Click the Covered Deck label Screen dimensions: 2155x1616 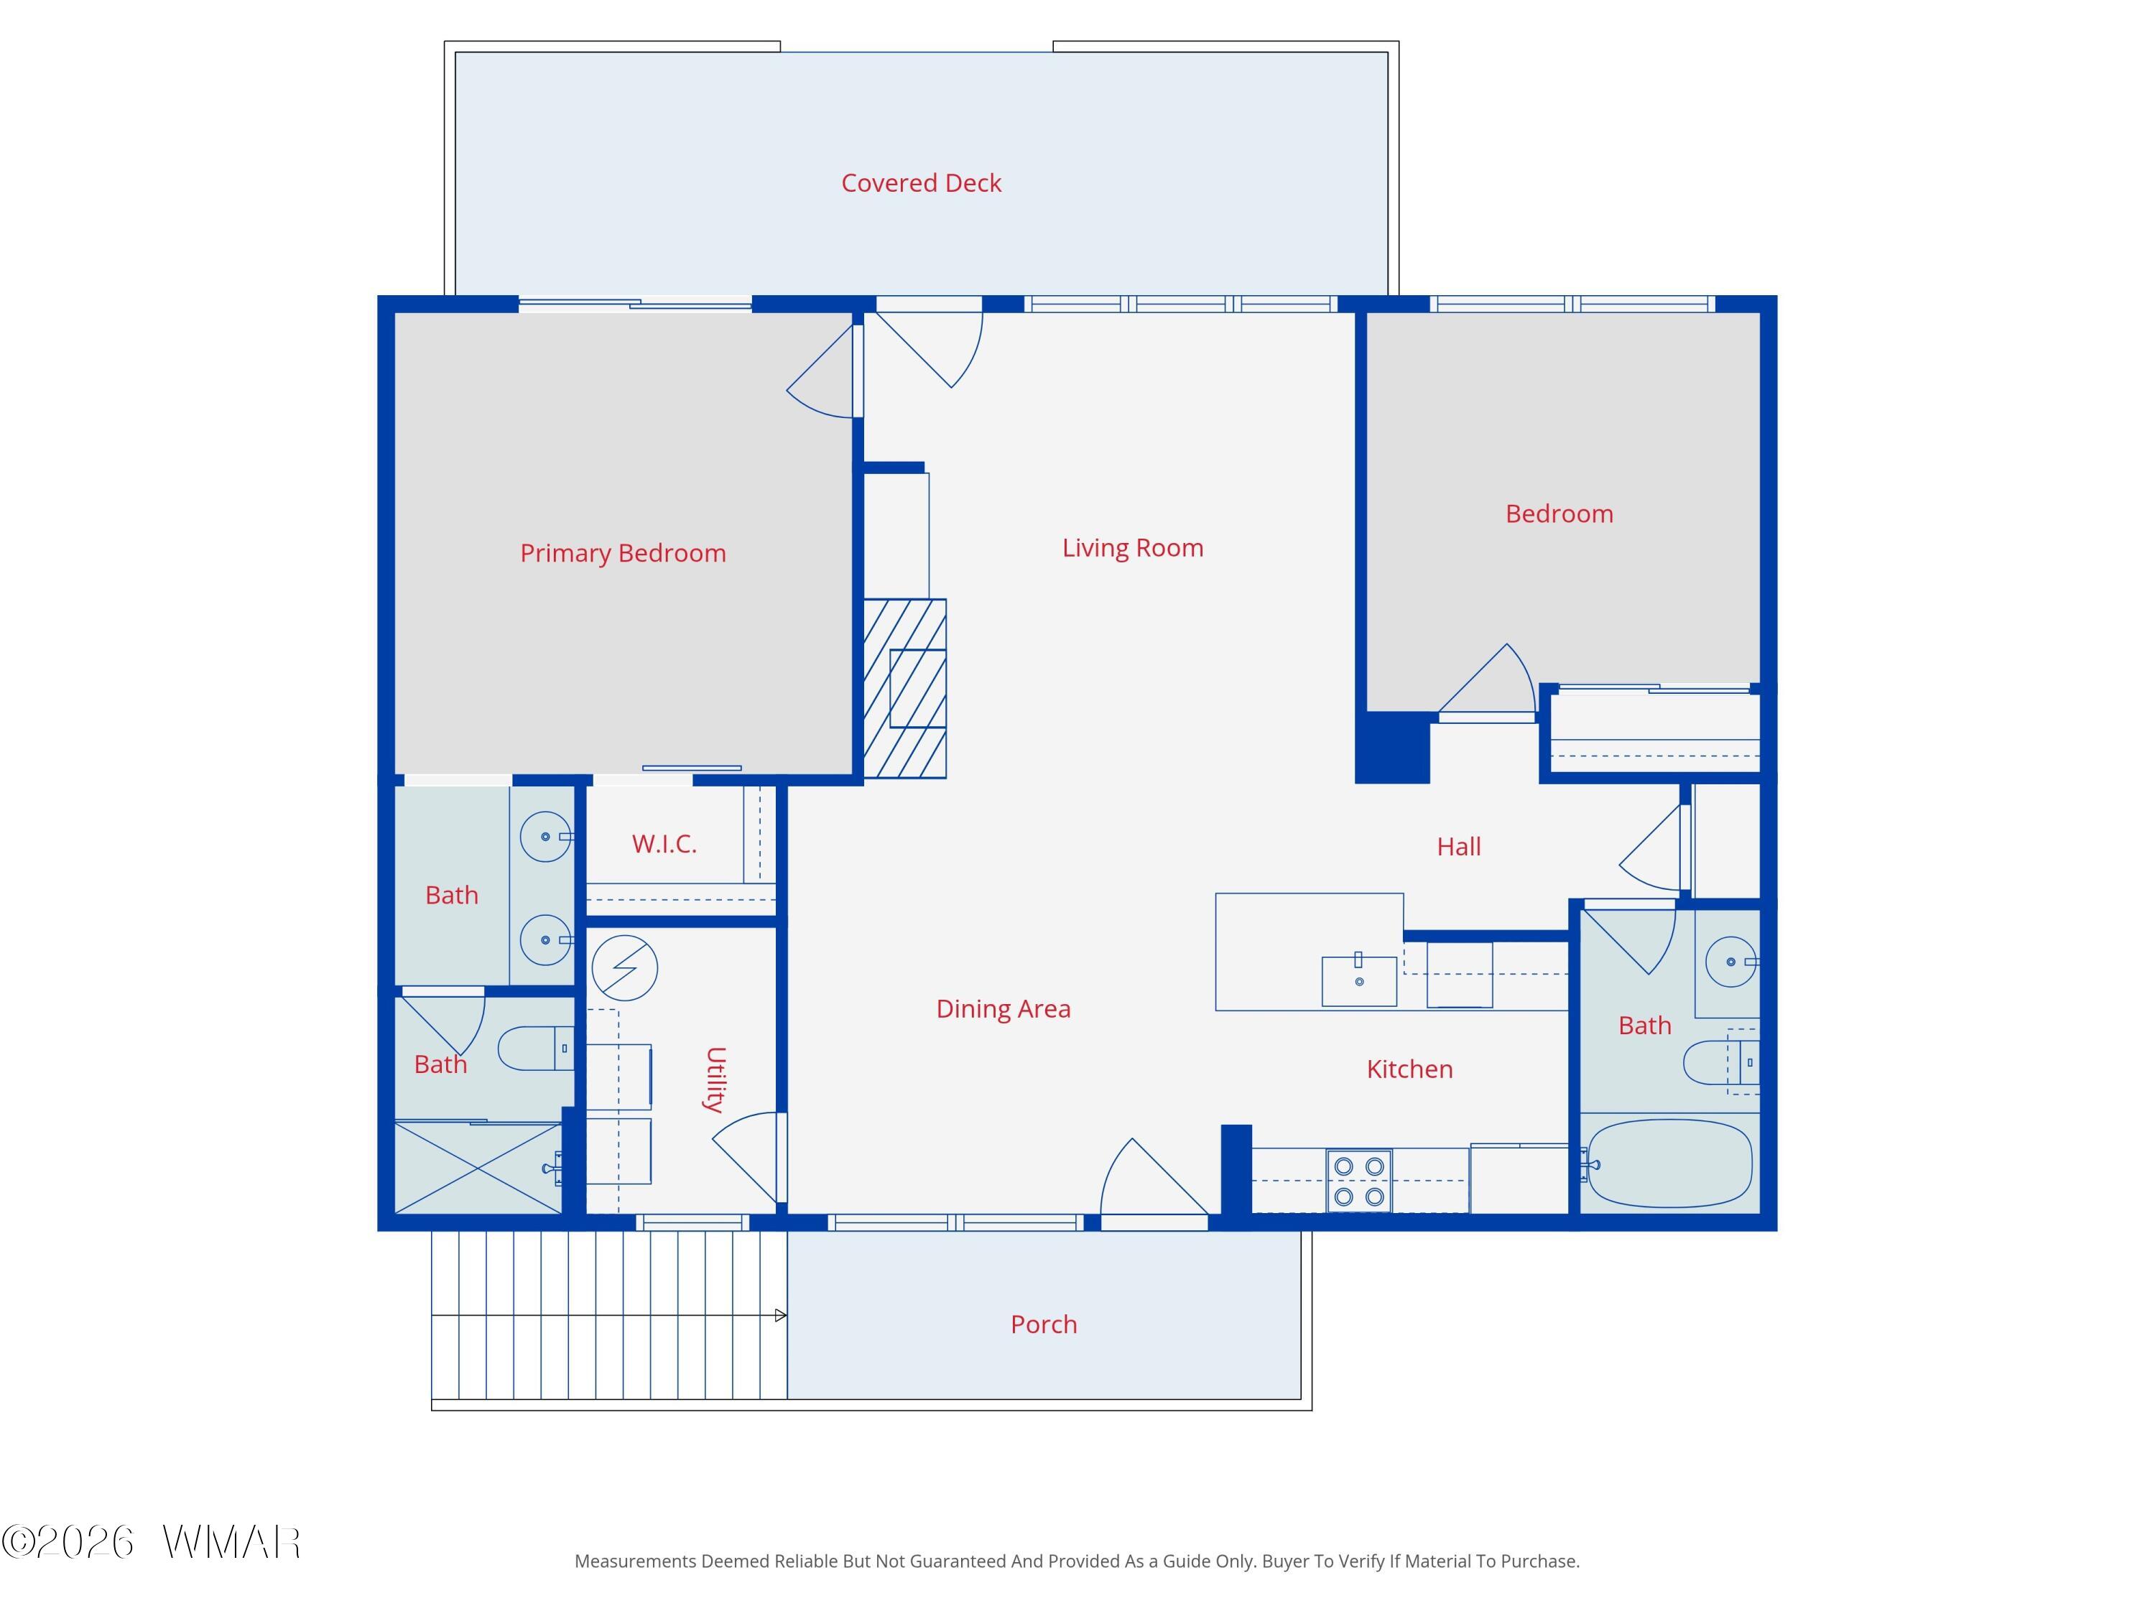point(921,183)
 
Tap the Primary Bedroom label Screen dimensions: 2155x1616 point(623,553)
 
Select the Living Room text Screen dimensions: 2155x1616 point(1132,549)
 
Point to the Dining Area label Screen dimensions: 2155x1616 point(1003,1009)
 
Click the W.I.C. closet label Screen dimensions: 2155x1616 point(664,845)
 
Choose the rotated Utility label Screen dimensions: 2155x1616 point(715,1079)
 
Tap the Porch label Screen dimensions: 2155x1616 point(1044,1324)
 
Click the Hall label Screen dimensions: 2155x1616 point(1458,847)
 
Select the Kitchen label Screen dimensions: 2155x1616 point(1409,1069)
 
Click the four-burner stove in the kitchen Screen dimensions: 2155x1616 point(1359,1181)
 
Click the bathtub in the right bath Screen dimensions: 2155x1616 point(1670,1163)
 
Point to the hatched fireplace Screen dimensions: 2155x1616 point(905,688)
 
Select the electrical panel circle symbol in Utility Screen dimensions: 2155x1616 point(624,968)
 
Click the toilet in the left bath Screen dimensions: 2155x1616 point(536,1048)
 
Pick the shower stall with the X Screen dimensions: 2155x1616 point(478,1168)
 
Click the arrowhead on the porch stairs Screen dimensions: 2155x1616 point(780,1316)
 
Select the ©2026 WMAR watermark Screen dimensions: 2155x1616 point(151,1542)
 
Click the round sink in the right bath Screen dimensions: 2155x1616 point(1730,962)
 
